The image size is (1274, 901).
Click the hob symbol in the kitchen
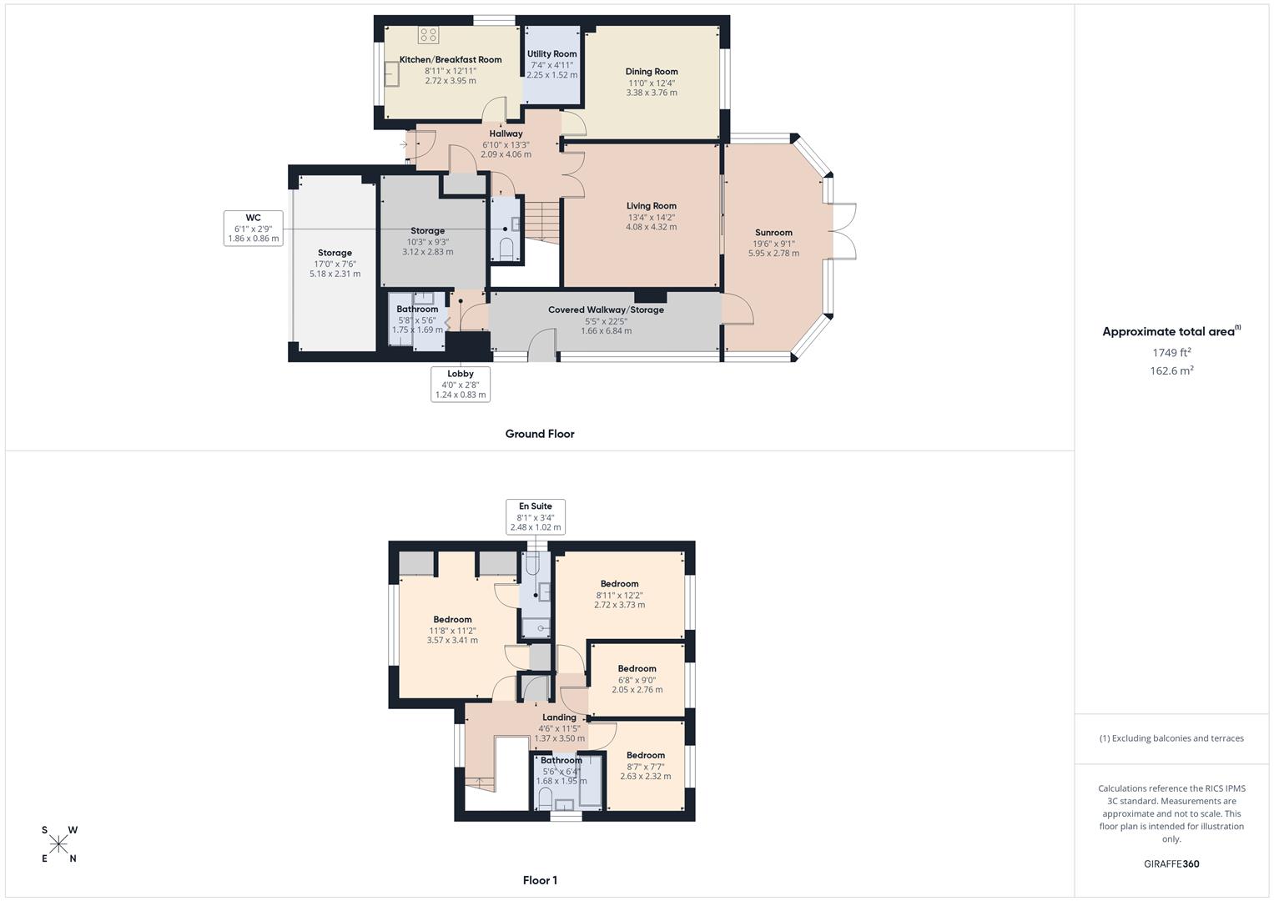point(428,35)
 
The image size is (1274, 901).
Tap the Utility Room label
point(551,54)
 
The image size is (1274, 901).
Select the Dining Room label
point(652,72)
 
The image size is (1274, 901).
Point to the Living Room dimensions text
point(652,222)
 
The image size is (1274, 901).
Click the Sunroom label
point(773,233)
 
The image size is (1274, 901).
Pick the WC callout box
point(254,228)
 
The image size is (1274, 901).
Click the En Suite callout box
point(536,517)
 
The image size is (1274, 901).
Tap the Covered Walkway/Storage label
point(606,310)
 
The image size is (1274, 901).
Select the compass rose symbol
point(59,844)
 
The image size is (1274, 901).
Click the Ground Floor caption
point(540,434)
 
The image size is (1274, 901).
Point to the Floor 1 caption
point(540,880)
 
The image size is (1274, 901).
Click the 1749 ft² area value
point(1171,353)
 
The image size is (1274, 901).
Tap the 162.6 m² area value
point(1171,371)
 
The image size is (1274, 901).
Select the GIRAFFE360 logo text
point(1171,864)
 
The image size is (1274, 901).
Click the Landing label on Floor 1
point(559,717)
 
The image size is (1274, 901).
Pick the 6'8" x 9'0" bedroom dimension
point(637,685)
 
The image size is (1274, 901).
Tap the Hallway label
point(506,133)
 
